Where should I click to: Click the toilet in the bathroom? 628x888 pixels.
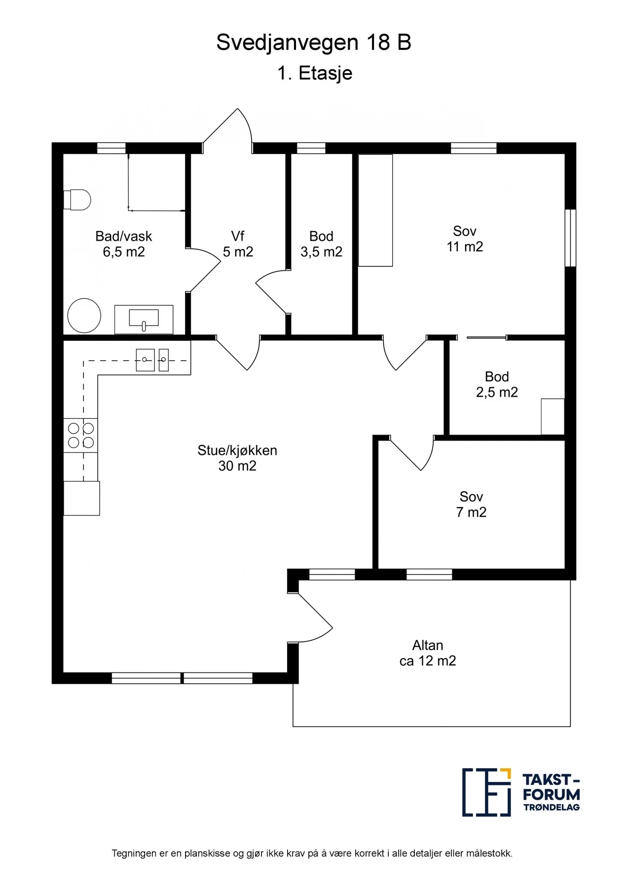(77, 200)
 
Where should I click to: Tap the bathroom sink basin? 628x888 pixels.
(144, 319)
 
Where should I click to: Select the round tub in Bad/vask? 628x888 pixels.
(84, 315)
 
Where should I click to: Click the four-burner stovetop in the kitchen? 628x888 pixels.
(81, 435)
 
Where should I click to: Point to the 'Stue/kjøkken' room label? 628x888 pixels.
(237, 450)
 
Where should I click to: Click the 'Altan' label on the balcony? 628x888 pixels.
(428, 645)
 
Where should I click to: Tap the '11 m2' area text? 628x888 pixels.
(465, 247)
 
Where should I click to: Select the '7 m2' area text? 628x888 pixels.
(471, 512)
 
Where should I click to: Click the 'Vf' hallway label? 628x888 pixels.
(238, 236)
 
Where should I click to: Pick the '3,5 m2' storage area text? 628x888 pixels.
(321, 252)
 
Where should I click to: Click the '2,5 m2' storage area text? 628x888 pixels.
(497, 392)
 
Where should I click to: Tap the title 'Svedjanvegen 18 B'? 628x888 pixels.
(314, 42)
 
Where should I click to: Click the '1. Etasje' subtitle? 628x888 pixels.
(315, 73)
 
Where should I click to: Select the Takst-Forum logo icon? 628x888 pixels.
(486, 792)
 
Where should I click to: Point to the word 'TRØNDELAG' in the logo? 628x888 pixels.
(552, 808)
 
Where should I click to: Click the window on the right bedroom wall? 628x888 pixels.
(570, 238)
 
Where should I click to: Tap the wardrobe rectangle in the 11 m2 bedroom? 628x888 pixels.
(375, 211)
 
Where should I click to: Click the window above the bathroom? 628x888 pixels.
(111, 148)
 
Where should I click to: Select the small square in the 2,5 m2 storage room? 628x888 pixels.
(553, 417)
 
